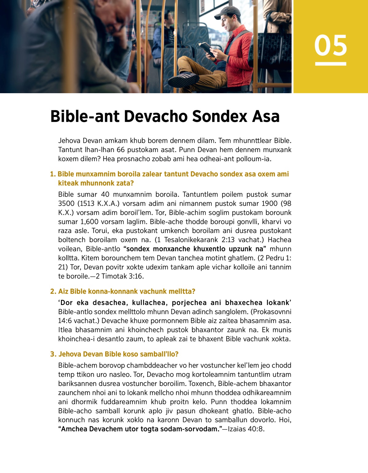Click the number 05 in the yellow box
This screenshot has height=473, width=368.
tap(331, 45)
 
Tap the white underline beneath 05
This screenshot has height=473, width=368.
tap(331, 64)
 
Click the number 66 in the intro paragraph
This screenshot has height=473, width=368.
tap(121, 150)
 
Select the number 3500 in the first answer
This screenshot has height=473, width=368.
tap(66, 204)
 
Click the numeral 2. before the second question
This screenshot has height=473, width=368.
tap(53, 292)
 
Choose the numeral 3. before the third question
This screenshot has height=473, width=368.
tap(53, 354)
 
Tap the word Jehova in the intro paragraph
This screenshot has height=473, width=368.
tap(70, 141)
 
